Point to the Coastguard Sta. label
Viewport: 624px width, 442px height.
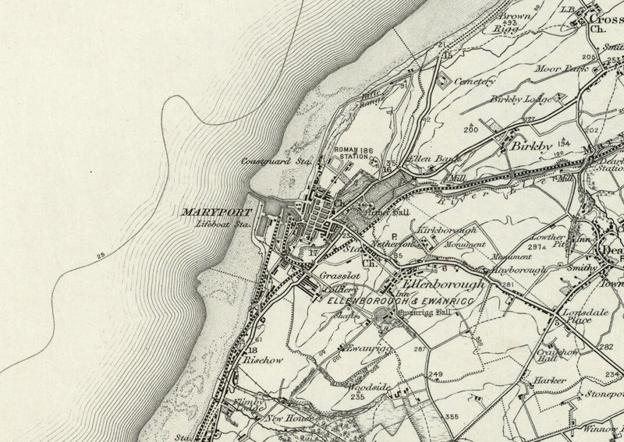click(277, 161)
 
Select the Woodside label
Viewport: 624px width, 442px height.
click(365, 387)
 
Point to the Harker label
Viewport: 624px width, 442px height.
click(549, 381)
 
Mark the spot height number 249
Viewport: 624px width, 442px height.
click(435, 375)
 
